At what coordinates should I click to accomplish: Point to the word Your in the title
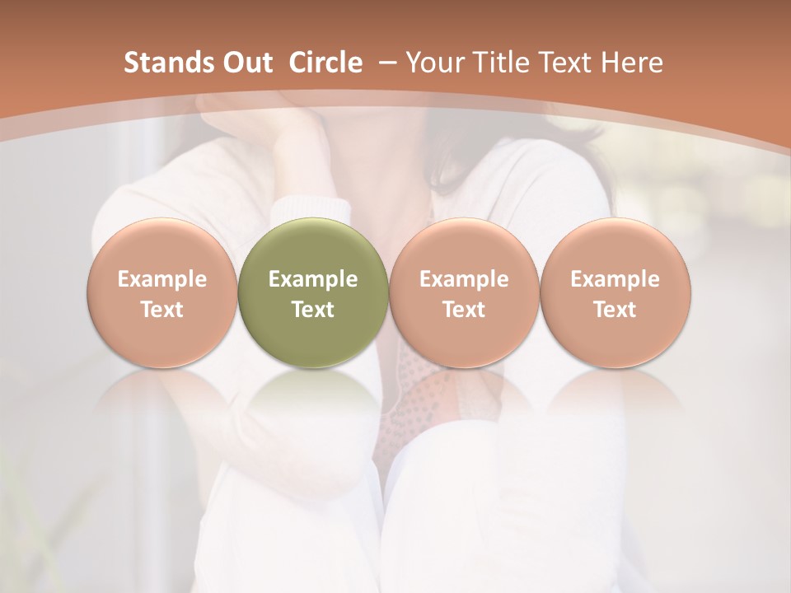coord(434,63)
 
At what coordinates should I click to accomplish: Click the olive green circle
coord(313,292)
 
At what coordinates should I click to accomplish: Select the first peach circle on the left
coord(161,292)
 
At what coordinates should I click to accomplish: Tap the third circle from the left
coord(464,292)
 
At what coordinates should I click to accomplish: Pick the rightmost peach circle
coord(615,292)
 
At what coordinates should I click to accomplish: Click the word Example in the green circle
coord(313,279)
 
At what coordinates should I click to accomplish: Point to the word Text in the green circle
coord(313,310)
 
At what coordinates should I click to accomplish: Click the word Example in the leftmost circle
coord(161,279)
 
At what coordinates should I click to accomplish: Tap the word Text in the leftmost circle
coord(161,310)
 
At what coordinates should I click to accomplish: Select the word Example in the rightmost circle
coord(615,279)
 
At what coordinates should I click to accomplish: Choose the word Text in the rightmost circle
coord(615,310)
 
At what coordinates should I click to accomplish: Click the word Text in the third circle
coord(464,310)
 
